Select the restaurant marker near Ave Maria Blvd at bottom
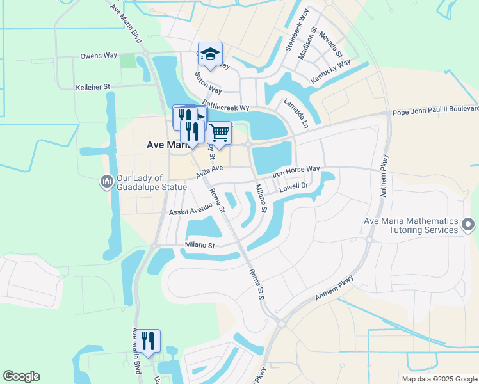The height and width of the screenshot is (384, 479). pyautogui.click(x=149, y=342)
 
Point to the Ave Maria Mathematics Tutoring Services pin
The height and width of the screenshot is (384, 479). pyautogui.click(x=468, y=225)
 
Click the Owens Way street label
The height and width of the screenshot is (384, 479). pyautogui.click(x=99, y=56)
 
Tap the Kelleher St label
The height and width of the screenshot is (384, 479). pyautogui.click(x=93, y=86)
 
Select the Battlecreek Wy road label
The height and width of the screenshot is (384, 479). pyautogui.click(x=225, y=106)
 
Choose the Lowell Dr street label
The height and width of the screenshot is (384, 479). pyautogui.click(x=295, y=188)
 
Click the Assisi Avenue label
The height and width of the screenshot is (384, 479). pyautogui.click(x=190, y=209)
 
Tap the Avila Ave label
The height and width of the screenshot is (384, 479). pyautogui.click(x=209, y=171)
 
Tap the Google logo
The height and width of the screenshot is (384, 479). pyautogui.click(x=21, y=376)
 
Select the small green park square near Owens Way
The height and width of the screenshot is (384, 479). pyautogui.click(x=128, y=61)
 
